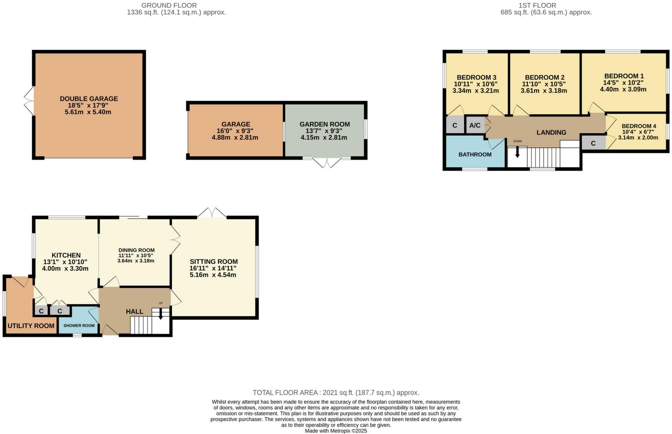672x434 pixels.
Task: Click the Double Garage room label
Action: coord(89,99)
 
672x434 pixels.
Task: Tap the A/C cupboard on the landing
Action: coord(475,125)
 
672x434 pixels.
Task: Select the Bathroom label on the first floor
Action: coord(475,154)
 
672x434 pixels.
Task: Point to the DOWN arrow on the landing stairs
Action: coord(517,152)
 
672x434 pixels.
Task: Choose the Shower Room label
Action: coord(79,325)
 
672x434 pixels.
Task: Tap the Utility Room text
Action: coord(31,326)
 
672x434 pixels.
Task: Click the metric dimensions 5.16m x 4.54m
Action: coord(213,275)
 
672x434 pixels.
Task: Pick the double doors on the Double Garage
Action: coord(29,101)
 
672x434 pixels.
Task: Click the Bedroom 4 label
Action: coord(639,126)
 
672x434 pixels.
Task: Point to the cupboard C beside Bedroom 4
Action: coord(593,143)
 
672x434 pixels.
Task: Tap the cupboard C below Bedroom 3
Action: coord(455,125)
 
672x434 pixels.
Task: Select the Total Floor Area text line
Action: coord(336,393)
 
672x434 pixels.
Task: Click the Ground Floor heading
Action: coord(169,6)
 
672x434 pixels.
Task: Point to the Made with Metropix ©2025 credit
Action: coord(336,431)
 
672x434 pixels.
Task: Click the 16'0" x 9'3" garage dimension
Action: coord(235,131)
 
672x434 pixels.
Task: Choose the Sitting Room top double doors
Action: coord(212,213)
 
